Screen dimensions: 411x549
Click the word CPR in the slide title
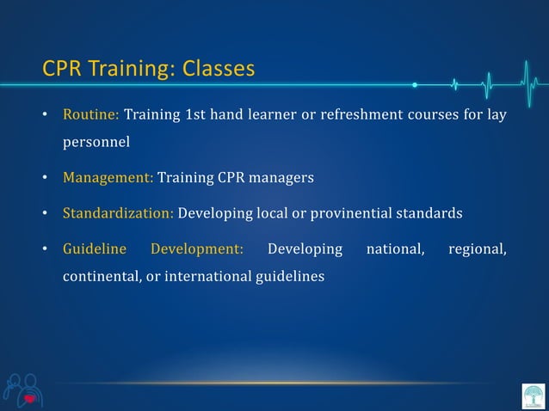59,68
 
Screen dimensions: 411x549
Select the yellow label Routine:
90,114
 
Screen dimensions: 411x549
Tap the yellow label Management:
108,178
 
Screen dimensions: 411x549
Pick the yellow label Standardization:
118,213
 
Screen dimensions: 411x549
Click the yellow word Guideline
95,249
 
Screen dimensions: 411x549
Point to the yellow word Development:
197,249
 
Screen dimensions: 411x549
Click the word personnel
96,143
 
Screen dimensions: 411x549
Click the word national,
397,249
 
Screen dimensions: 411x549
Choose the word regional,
478,249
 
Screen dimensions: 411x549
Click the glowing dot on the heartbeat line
415,85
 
